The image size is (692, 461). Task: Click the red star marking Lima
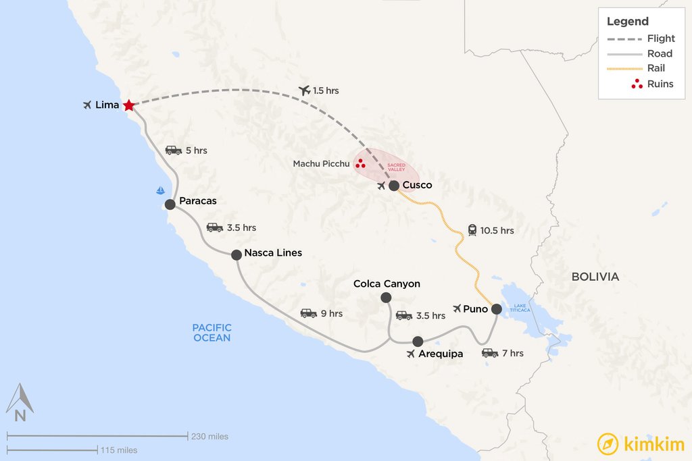128,105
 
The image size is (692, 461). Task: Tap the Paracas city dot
170,205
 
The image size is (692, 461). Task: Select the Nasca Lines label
273,253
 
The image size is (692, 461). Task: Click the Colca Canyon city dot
386,298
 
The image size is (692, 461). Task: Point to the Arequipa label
441,353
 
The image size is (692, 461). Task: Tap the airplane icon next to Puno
458,309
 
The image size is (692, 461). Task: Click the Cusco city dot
394,186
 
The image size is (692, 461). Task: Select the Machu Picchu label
321,164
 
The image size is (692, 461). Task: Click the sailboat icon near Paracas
160,190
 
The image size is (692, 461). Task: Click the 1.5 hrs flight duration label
326,90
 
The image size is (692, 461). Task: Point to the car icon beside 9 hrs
308,313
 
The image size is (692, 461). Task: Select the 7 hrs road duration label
512,353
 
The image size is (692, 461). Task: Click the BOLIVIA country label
595,277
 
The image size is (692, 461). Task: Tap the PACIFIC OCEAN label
212,333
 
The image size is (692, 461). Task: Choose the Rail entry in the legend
656,68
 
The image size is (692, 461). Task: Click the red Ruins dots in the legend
636,84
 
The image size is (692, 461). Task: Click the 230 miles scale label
209,436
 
